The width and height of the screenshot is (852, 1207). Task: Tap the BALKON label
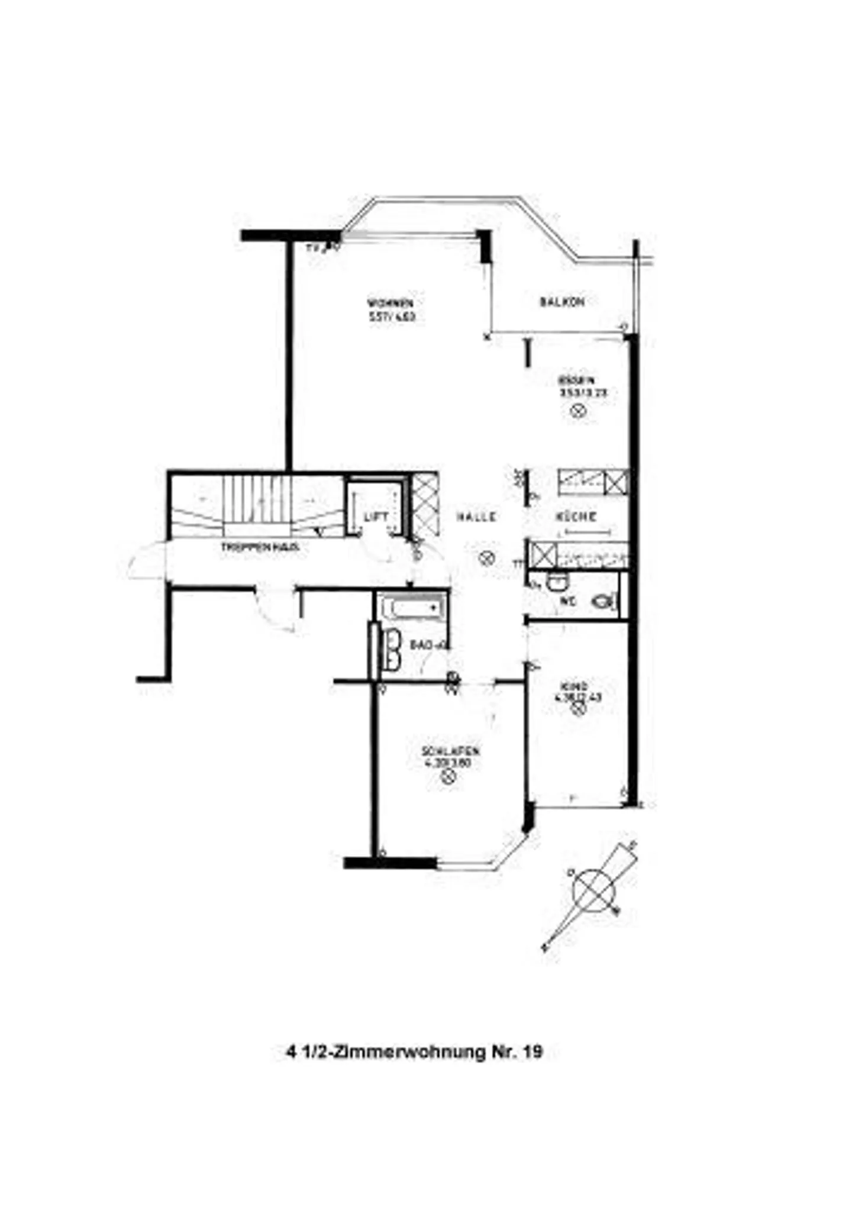click(562, 302)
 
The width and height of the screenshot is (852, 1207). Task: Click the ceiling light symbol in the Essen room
click(579, 409)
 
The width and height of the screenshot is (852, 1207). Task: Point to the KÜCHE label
click(576, 517)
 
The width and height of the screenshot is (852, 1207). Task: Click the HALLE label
click(476, 517)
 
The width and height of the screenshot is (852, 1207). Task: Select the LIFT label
click(375, 517)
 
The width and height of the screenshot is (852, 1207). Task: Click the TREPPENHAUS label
click(260, 548)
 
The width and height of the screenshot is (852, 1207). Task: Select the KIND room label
click(575, 686)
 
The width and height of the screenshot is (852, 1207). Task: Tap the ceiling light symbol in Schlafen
click(448, 777)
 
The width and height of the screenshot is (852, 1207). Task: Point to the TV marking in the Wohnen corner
click(315, 248)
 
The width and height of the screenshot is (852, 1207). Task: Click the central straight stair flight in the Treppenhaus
click(257, 500)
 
